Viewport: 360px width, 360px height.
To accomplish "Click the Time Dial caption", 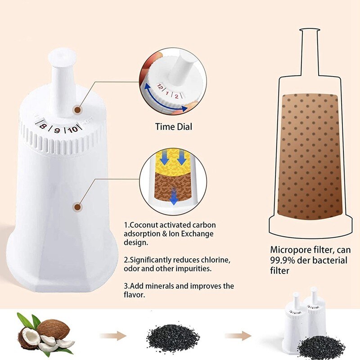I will tap(174, 127).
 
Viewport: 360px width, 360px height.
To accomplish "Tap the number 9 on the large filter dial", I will tap(57, 130).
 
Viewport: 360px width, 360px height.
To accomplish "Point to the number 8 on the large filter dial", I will tap(43, 128).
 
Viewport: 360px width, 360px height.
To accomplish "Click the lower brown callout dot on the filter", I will tap(77, 207).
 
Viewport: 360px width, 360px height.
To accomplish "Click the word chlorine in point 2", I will tap(216, 261).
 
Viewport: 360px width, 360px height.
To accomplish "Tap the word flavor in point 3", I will tap(134, 295).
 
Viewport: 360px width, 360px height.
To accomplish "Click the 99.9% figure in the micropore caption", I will tap(282, 260).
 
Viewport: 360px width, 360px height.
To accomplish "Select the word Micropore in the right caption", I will tap(287, 250).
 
